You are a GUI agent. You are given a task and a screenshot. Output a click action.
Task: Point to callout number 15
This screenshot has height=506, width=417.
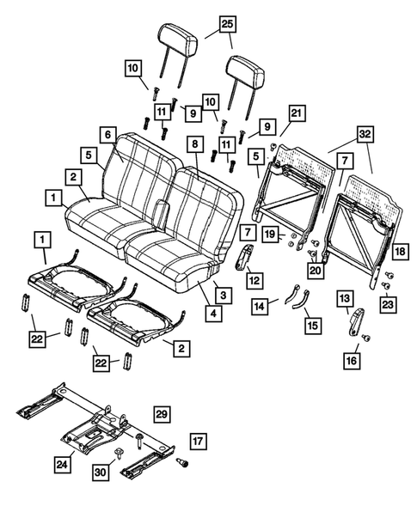[x=310, y=325]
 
